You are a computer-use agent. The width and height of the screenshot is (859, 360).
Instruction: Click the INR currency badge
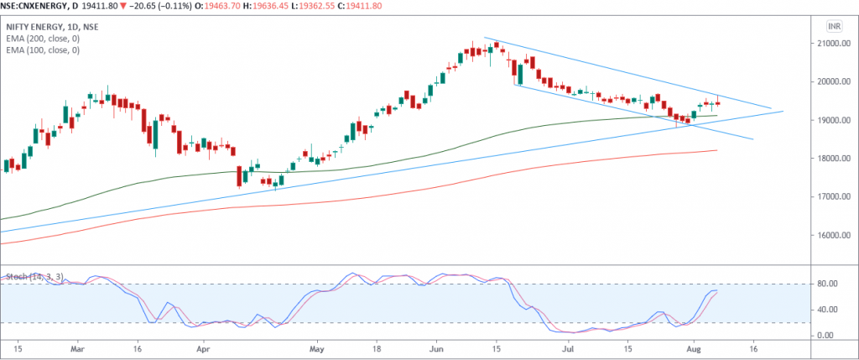833,26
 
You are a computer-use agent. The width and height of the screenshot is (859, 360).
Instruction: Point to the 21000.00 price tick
832,44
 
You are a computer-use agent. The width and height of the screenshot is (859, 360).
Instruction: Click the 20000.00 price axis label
832,82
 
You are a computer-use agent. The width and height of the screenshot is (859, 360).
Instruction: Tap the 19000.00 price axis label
832,121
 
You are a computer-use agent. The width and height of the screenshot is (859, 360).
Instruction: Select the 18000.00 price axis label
832,159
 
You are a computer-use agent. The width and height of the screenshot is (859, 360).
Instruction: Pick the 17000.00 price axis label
832,197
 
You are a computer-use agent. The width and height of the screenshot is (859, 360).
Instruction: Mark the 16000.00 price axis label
832,236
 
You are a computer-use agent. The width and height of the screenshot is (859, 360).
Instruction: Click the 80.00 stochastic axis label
828,284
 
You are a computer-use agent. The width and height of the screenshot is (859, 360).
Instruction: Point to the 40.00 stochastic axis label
828,310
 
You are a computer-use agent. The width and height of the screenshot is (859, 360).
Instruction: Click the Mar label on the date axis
78,347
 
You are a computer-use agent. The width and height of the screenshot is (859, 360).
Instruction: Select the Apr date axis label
202,347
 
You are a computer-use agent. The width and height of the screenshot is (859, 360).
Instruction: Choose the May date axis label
315,347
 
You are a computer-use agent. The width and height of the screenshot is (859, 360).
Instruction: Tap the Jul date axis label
568,347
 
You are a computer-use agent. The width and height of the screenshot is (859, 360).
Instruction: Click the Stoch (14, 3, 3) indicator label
34,276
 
